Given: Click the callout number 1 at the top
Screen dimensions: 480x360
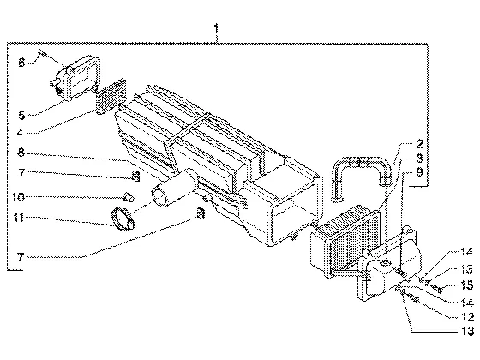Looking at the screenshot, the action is [216, 28].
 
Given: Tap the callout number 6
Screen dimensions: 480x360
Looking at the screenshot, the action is [21, 63].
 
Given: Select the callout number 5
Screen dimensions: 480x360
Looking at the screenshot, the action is [21, 116].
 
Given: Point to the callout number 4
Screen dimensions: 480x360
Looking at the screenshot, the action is [21, 134].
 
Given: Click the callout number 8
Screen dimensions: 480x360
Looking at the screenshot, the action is [21, 153].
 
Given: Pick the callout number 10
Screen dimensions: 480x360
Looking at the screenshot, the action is [18, 197].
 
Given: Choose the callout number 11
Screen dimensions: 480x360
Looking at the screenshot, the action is [18, 218].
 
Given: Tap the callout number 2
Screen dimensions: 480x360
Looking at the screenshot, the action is [419, 144].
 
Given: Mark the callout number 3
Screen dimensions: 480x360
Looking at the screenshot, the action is [419, 158].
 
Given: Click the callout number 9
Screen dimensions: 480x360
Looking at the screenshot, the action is [419, 172].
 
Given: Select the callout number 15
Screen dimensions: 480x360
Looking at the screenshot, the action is [467, 285].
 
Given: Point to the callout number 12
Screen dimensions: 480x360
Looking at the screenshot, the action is [467, 316].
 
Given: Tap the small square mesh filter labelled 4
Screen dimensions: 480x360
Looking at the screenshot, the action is [111, 96].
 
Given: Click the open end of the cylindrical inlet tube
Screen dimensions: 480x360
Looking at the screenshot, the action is [159, 198].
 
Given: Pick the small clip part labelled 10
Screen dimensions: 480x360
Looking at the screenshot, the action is [129, 197].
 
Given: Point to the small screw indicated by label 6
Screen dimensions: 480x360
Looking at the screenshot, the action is [42, 54].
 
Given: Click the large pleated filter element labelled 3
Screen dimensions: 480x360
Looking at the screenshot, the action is [346, 242].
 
